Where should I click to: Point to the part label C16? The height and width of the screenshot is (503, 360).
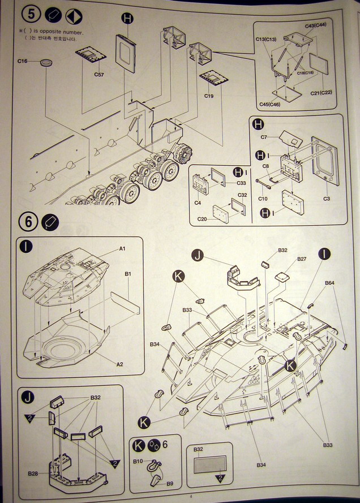(23, 61)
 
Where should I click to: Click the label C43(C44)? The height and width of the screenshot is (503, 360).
(319, 26)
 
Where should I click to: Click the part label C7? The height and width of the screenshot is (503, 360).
(264, 137)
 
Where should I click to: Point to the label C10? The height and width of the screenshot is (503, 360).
(263, 199)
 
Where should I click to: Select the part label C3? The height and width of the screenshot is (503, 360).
(327, 199)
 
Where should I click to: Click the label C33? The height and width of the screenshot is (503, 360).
(241, 183)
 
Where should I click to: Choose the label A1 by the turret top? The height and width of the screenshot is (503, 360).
(122, 248)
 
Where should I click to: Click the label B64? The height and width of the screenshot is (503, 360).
(331, 283)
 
